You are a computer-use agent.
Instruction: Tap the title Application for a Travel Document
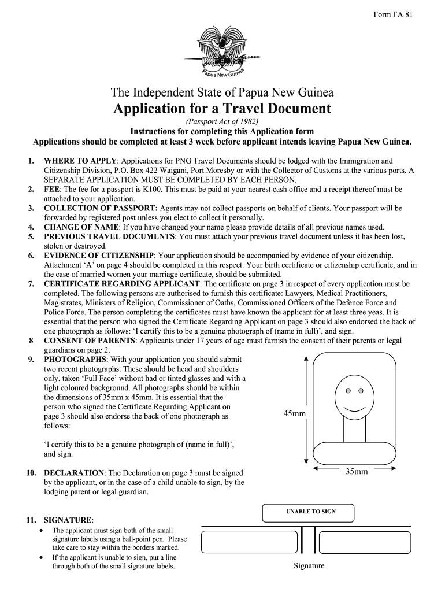(222, 108)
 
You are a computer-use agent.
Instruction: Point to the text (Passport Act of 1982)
(222, 121)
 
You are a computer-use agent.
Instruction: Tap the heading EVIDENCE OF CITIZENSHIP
(99, 256)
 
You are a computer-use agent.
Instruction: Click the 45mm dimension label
(294, 414)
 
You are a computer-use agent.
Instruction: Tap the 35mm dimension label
(357, 472)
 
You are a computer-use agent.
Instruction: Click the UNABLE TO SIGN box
(308, 512)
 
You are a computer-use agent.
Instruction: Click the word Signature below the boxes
(309, 566)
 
